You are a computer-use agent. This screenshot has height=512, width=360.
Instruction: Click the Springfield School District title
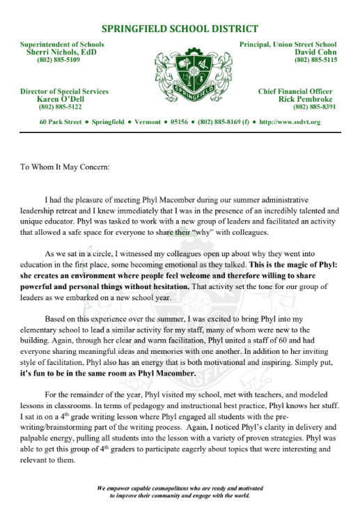coord(180,29)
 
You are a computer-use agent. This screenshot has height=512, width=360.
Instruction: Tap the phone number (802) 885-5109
coord(58,60)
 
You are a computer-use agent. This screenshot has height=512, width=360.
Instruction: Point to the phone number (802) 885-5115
coord(315,60)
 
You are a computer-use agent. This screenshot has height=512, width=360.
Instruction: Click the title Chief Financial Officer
coord(295,91)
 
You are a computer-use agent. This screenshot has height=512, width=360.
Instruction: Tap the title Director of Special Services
coord(65,91)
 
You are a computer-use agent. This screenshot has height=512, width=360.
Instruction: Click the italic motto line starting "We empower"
coord(180,491)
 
